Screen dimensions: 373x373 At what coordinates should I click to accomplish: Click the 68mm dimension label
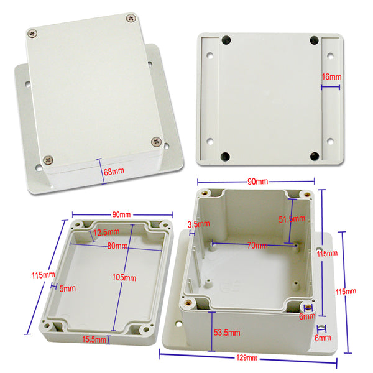(x=114, y=172)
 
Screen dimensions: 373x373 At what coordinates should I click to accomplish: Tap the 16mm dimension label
(x=331, y=77)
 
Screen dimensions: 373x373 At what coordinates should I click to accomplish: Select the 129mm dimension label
(x=247, y=357)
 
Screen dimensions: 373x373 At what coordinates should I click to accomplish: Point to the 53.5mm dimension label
(x=227, y=333)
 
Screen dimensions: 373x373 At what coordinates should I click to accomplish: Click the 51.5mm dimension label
(x=292, y=219)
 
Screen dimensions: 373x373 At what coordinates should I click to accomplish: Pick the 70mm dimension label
(x=257, y=245)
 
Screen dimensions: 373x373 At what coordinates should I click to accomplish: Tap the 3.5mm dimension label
(x=199, y=224)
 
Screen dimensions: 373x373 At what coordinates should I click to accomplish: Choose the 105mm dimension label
(x=124, y=277)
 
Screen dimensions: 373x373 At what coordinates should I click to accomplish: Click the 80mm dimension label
(x=117, y=246)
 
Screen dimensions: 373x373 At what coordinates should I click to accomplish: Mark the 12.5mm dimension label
(x=106, y=232)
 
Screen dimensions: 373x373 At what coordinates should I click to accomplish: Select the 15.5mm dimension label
(x=94, y=339)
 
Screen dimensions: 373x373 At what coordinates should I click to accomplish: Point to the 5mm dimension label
(x=67, y=288)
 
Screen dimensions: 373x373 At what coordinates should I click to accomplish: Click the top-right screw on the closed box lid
(x=131, y=18)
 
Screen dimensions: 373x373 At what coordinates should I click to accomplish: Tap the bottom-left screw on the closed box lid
(x=48, y=160)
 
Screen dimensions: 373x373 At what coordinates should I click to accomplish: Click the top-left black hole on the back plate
(x=226, y=40)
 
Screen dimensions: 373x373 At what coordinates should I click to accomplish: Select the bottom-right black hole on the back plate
(x=315, y=156)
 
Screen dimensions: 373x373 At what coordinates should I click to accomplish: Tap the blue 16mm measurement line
(x=331, y=87)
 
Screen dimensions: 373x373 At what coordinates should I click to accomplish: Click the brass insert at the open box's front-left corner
(x=188, y=303)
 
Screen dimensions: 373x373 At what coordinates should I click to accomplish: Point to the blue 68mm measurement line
(x=101, y=171)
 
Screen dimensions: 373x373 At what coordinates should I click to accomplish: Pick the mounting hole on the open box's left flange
(x=178, y=324)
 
